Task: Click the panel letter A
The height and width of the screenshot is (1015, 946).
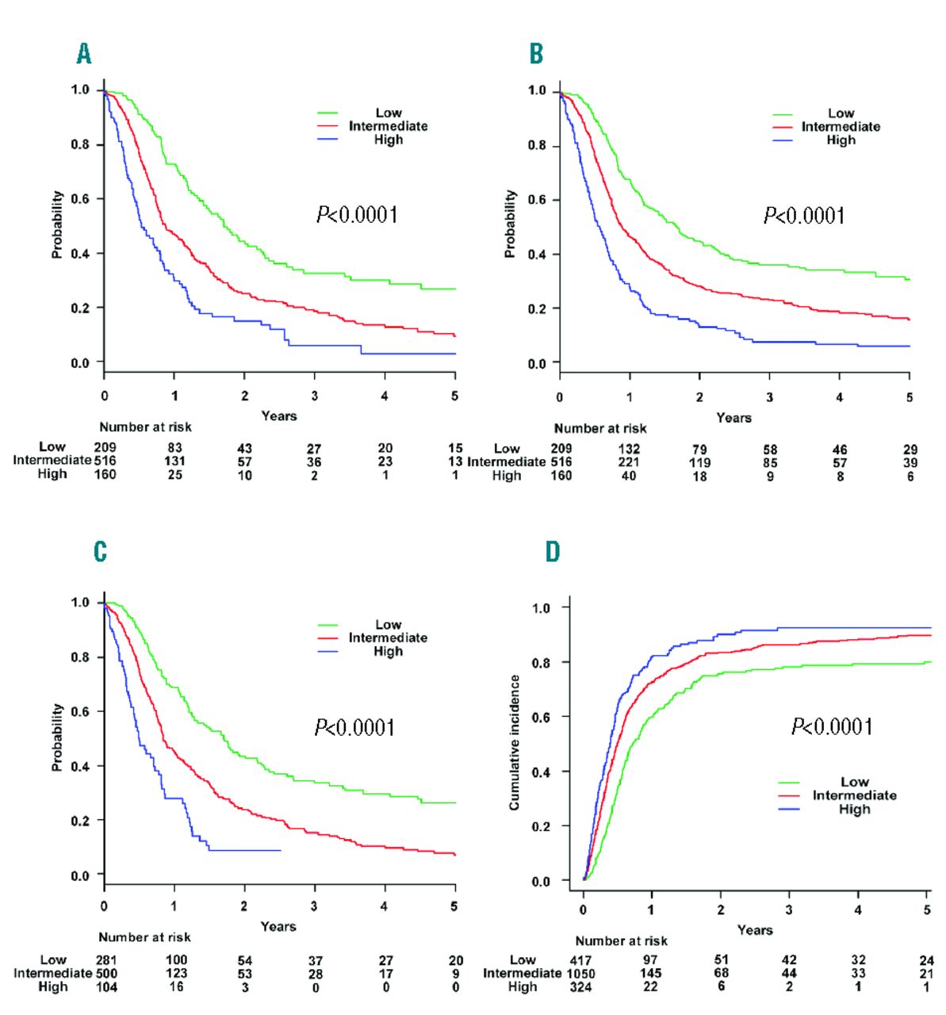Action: pos(84,54)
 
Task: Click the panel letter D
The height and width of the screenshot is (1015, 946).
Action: pos(553,552)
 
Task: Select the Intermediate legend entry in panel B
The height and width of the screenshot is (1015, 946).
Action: pos(841,127)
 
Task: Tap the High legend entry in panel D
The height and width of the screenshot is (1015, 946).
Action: pos(854,810)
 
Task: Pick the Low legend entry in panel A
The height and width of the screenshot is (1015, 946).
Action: pos(388,113)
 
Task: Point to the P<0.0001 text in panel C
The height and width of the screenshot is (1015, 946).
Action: pos(355,727)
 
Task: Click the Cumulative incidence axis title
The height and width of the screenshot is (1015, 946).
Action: pos(515,742)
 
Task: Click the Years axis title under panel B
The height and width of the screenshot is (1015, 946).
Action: pos(733,417)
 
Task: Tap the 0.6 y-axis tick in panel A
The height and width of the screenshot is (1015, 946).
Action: pos(81,199)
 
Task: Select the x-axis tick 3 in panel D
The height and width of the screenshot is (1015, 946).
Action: pos(789,910)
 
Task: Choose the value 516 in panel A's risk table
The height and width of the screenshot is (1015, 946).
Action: pos(105,461)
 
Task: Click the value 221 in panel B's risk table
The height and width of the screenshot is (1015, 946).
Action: pos(629,462)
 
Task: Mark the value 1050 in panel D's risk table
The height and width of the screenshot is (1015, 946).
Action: pos(580,974)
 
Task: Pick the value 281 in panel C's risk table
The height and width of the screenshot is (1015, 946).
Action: pos(106,960)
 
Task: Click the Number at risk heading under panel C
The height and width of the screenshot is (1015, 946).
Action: pos(144,937)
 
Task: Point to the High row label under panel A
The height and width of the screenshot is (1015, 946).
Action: pos(52,474)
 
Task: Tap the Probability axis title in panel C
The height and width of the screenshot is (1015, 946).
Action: pos(57,737)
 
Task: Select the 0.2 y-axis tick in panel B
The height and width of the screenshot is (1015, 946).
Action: pos(538,309)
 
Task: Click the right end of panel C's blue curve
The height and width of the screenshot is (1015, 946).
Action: pos(281,850)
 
